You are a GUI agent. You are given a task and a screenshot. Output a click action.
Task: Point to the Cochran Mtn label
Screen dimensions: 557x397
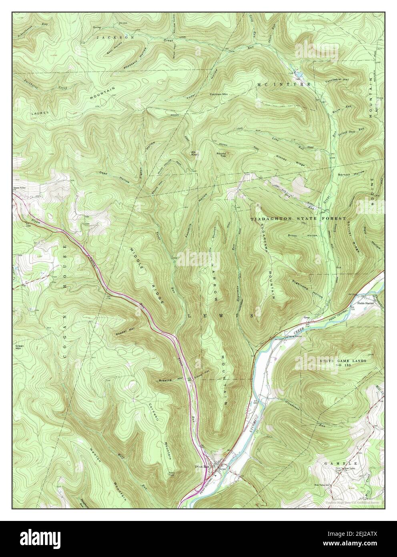(218, 95)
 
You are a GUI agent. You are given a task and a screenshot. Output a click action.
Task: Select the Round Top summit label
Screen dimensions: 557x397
(222, 154)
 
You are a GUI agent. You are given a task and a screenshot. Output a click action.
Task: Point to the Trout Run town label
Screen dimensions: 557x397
(202, 466)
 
